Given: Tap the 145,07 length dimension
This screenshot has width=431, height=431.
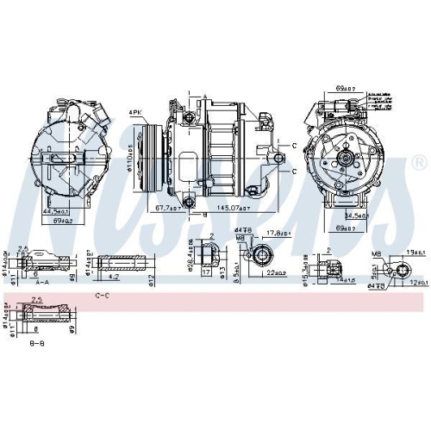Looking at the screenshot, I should (x=234, y=208).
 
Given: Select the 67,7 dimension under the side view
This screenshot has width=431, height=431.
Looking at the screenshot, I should (x=162, y=208).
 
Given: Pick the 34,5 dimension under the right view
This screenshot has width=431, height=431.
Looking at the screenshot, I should (x=354, y=215).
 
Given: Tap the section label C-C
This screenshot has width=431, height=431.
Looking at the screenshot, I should (x=102, y=296).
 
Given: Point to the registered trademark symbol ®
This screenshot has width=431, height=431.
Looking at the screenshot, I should (x=418, y=162).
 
